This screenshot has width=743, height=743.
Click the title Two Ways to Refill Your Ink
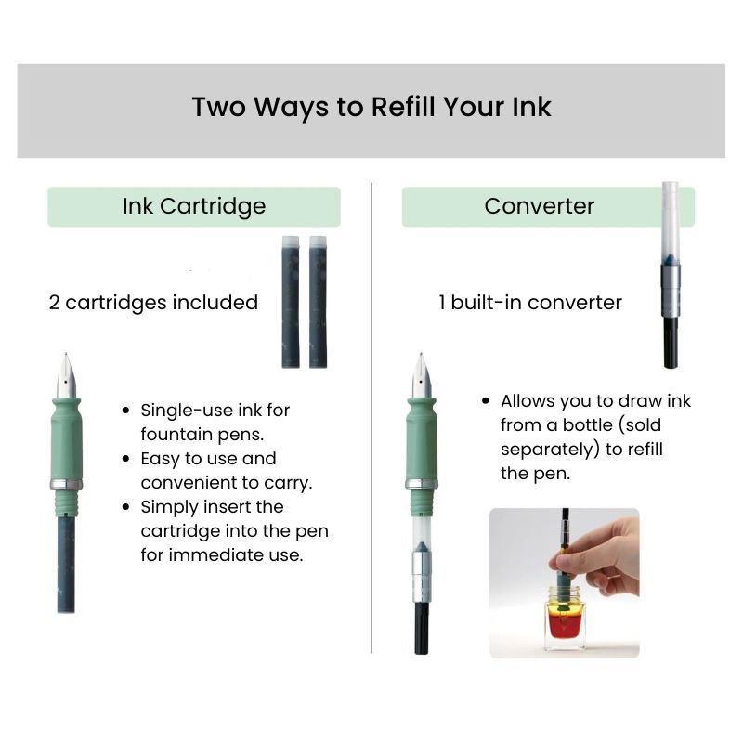pyautogui.click(x=371, y=107)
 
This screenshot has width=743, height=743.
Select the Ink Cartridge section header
pyautogui.click(x=194, y=206)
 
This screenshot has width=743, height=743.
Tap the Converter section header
pyautogui.click(x=539, y=206)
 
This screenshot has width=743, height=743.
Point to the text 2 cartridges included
pyautogui.click(x=153, y=303)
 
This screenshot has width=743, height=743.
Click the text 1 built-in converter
pyautogui.click(x=530, y=303)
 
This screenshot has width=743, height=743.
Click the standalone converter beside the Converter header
pyautogui.click(x=670, y=279)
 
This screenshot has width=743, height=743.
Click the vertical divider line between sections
pyautogui.click(x=371, y=418)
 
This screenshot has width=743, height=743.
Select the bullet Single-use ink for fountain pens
pyautogui.click(x=215, y=421)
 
